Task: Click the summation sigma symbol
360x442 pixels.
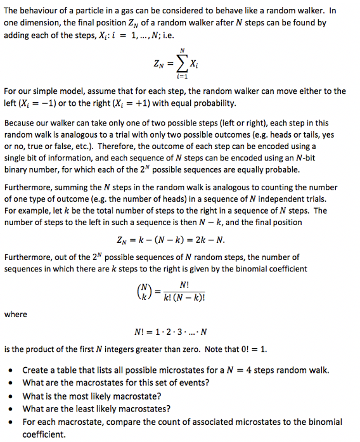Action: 181,63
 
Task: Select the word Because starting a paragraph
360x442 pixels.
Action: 20,124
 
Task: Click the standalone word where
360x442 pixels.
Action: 16,315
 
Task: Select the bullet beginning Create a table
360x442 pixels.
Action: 176,370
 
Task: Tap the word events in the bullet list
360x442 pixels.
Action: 195,382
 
